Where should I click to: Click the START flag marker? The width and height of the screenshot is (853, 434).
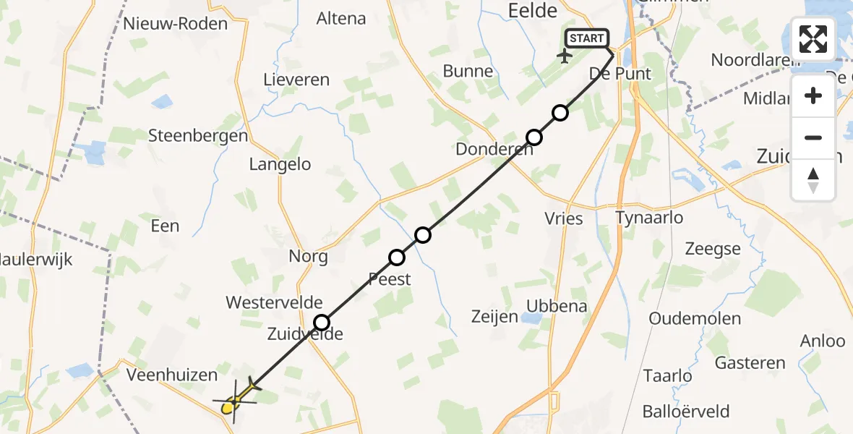[x=586, y=38]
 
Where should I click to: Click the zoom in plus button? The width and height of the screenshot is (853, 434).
[x=813, y=95]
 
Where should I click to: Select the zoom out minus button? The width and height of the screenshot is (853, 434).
[x=813, y=137]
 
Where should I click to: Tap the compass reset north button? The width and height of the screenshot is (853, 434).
[x=813, y=179]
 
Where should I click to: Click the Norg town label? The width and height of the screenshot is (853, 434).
[x=308, y=256]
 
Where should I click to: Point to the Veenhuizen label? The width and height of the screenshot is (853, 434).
[x=171, y=375]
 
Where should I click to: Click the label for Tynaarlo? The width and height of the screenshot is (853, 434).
[x=649, y=218]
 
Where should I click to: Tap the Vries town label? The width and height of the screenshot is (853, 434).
[x=564, y=218]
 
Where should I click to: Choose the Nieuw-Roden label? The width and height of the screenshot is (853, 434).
[x=175, y=23]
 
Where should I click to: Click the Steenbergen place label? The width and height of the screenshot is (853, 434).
[x=197, y=135]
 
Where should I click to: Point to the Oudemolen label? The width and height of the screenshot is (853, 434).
[x=695, y=319]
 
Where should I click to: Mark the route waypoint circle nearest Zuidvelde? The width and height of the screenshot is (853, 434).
[x=322, y=323]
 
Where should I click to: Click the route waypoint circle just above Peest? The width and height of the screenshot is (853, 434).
[x=397, y=258]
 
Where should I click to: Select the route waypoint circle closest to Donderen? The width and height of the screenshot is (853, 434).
[x=534, y=137]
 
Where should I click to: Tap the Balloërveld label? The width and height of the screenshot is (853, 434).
[x=685, y=412]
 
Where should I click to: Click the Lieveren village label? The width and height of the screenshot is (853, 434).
[x=296, y=80]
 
